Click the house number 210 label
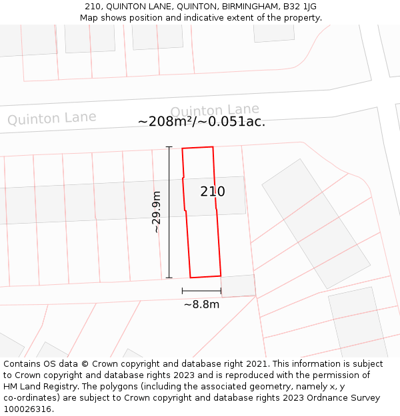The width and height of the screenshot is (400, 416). [213, 192]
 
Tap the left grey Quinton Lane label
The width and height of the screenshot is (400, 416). [51, 118]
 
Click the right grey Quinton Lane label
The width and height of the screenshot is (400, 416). [215, 110]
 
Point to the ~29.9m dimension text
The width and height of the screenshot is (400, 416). [157, 212]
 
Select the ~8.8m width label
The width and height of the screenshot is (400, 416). [201, 304]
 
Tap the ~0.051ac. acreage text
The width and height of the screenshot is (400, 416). [236, 122]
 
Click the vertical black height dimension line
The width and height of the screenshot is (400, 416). [169, 212]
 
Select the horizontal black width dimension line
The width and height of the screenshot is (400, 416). [201, 291]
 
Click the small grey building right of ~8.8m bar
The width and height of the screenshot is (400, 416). [238, 286]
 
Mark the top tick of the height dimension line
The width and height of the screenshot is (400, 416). [169, 147]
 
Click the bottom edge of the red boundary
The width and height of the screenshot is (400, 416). [205, 276]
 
